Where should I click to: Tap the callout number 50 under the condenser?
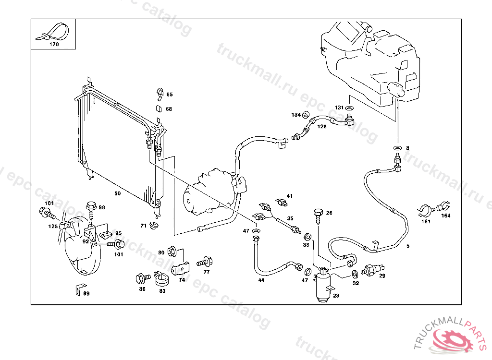[x=117, y=193]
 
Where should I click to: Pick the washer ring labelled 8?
[x=397, y=148]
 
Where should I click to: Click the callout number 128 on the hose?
[x=322, y=127]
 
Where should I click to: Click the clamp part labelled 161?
[x=424, y=210]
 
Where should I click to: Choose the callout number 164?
[x=446, y=216]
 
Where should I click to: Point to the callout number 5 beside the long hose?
[x=408, y=246]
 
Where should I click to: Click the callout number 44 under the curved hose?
[x=261, y=280]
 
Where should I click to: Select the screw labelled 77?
[x=206, y=262]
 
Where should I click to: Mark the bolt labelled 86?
[x=141, y=278]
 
